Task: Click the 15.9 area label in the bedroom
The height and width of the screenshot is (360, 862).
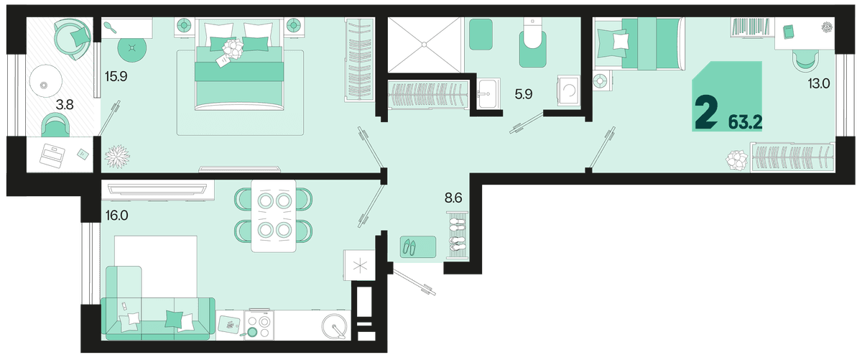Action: (116, 77)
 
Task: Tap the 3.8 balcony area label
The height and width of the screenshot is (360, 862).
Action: (65, 104)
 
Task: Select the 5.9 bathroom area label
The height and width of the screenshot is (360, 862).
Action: (524, 93)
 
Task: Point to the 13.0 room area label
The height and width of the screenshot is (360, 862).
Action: (818, 83)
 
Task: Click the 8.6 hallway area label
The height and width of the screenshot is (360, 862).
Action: (453, 198)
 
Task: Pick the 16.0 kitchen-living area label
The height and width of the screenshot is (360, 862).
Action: (117, 216)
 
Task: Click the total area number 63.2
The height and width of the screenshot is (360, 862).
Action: (745, 123)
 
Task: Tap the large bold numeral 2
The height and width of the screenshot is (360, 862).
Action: (706, 113)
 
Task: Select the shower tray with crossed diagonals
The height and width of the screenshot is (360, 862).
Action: (425, 45)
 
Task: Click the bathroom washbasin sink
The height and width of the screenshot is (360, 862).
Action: (488, 93)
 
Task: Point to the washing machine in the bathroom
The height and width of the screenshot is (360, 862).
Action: (568, 91)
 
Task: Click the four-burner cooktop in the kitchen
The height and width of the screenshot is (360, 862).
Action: (259, 325)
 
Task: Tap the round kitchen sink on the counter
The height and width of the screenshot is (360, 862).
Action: (334, 326)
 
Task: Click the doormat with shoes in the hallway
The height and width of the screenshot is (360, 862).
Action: (418, 246)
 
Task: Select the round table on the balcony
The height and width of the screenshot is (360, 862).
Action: (45, 81)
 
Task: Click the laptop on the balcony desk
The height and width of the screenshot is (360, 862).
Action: (52, 154)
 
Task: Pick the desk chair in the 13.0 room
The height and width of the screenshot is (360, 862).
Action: (805, 61)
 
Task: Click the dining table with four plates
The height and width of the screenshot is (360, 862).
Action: (274, 216)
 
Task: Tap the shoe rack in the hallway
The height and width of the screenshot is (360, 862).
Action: (457, 235)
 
